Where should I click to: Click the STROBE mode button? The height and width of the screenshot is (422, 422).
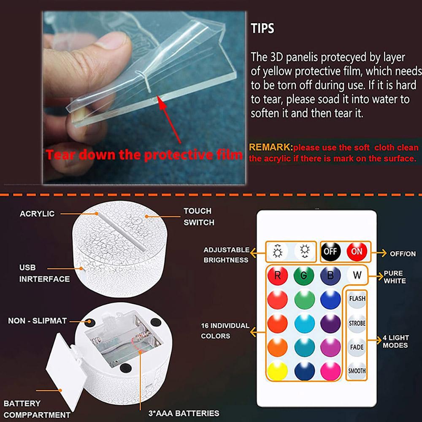coord(357,323)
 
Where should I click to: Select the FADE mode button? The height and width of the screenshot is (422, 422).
coord(357,347)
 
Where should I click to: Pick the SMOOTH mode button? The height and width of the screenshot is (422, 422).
coord(357,371)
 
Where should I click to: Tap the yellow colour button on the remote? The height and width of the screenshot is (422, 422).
coord(278,371)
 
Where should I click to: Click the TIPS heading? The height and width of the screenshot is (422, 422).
coord(262,29)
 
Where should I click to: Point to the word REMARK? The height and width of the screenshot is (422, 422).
coord(271,148)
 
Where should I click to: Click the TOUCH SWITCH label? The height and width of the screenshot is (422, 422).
coord(199,216)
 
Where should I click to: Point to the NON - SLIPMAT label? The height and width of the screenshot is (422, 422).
coord(37,321)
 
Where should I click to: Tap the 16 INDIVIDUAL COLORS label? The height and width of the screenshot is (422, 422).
coord(225,331)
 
